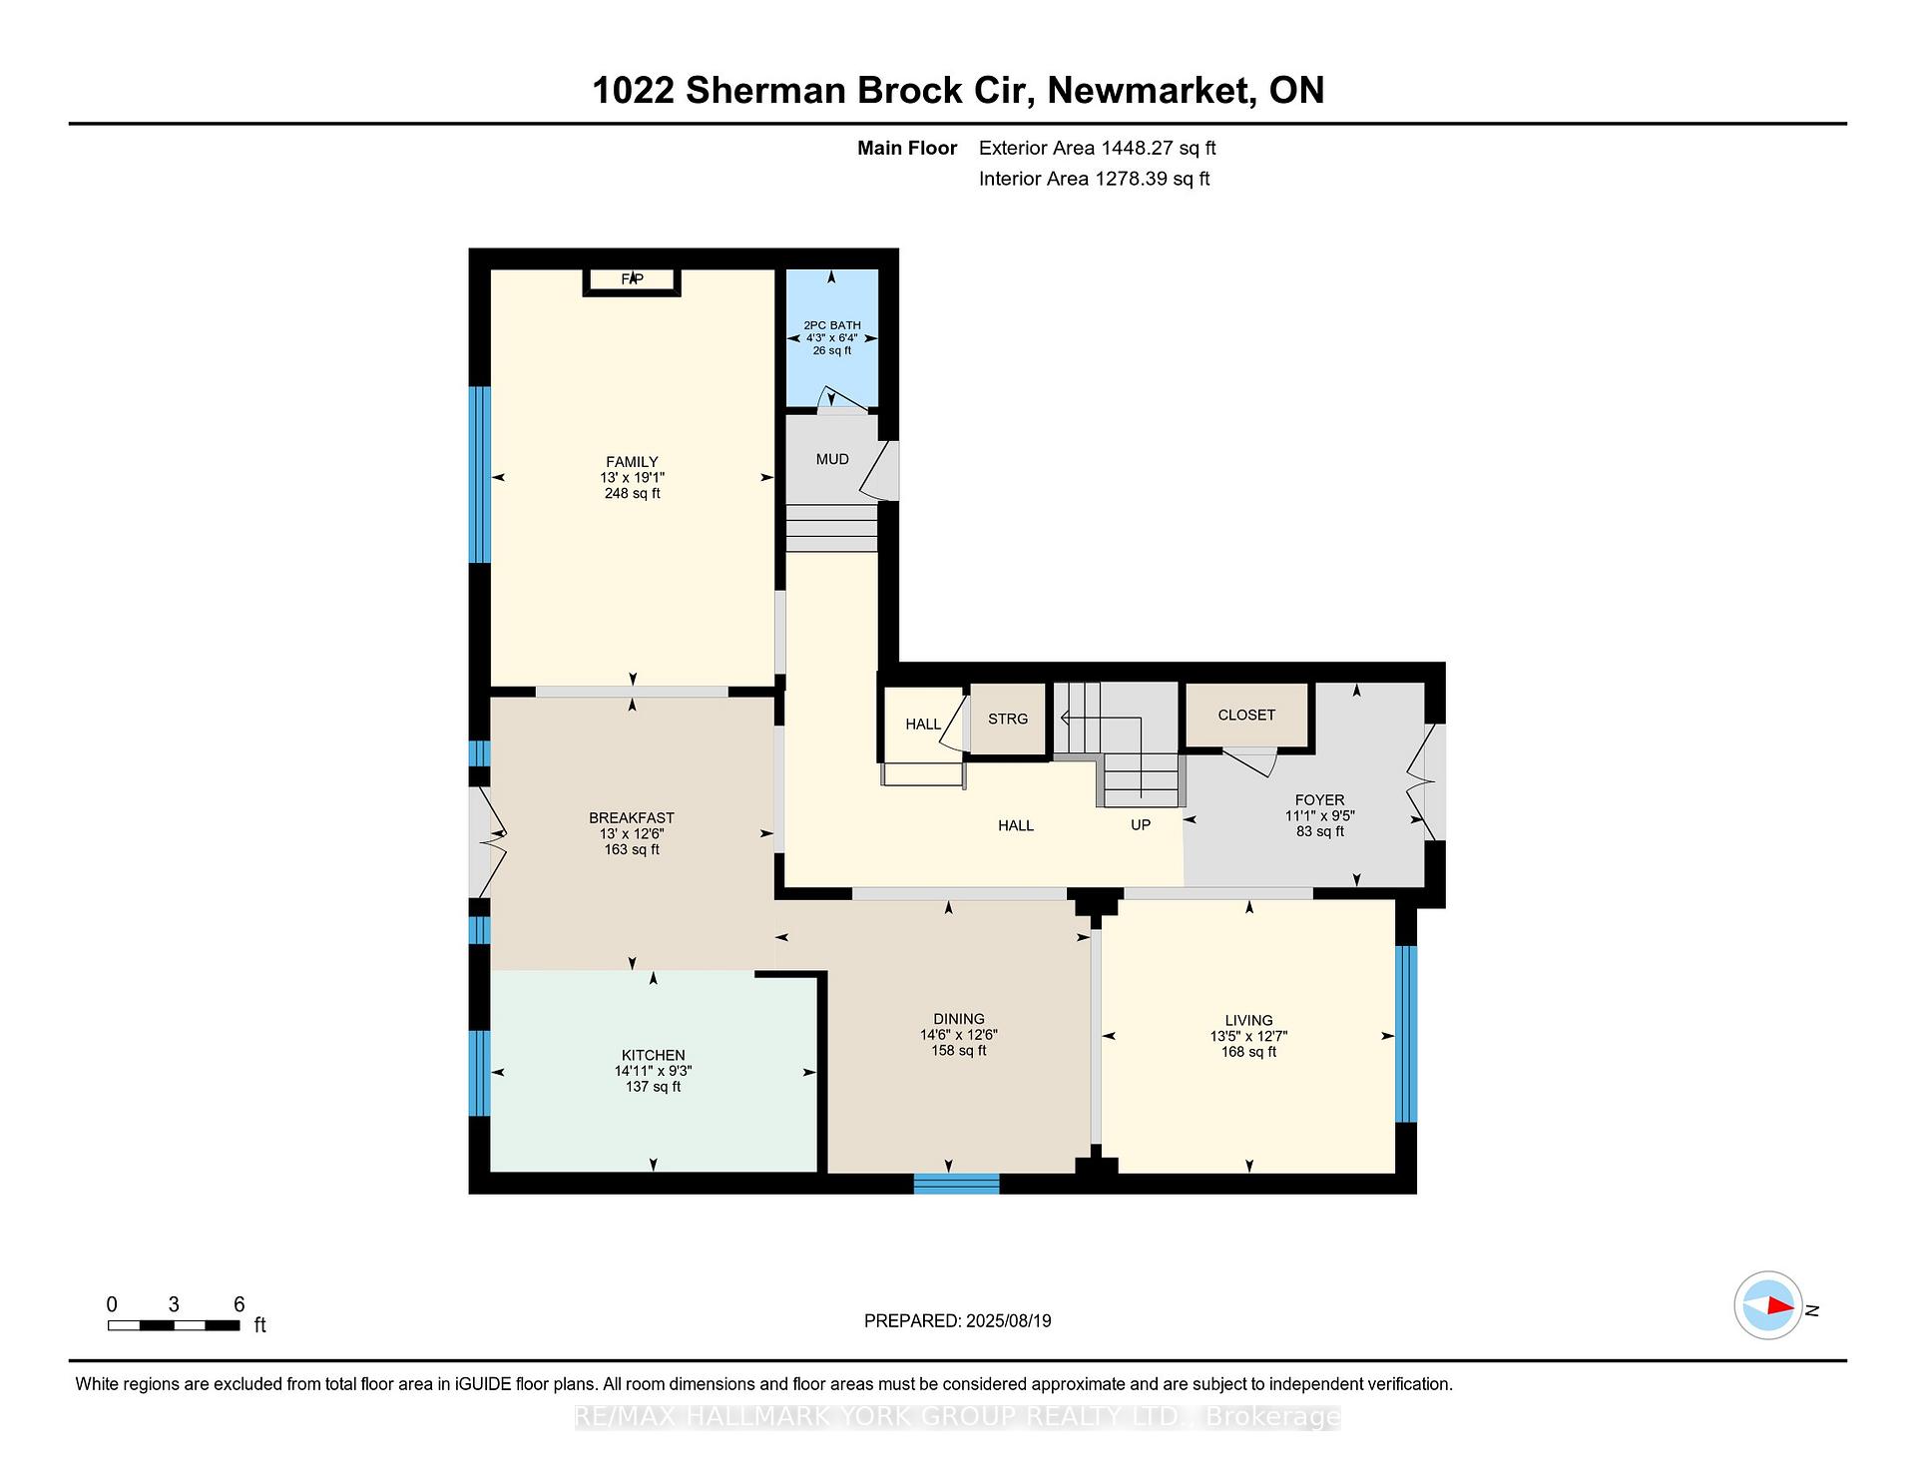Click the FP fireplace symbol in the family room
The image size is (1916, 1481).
pos(632,280)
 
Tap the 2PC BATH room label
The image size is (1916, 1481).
pos(832,325)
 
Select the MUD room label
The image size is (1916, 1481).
pos(832,459)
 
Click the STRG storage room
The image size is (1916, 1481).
pos(1008,719)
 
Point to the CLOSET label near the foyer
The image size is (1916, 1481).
pos(1246,715)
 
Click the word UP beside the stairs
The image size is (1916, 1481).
pos(1141,825)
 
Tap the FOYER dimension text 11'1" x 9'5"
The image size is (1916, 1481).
pos(1319,815)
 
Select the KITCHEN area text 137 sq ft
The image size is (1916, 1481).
pos(653,1087)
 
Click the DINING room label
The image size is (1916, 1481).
pos(959,1019)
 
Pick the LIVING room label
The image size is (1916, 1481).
pos(1248,1020)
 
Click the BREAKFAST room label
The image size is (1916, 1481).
pos(632,818)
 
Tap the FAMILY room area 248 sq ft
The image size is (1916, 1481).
pos(632,493)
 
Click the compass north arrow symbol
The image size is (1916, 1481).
pos(1768,1305)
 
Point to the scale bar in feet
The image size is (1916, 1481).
pos(174,1325)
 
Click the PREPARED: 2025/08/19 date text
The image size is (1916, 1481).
pos(957,1320)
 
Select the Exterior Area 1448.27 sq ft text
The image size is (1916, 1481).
pos(1097,148)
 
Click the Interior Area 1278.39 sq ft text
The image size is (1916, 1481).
pos(1094,179)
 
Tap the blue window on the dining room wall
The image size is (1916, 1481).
pos(956,1184)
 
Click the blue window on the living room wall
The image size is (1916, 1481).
pos(1405,1034)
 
